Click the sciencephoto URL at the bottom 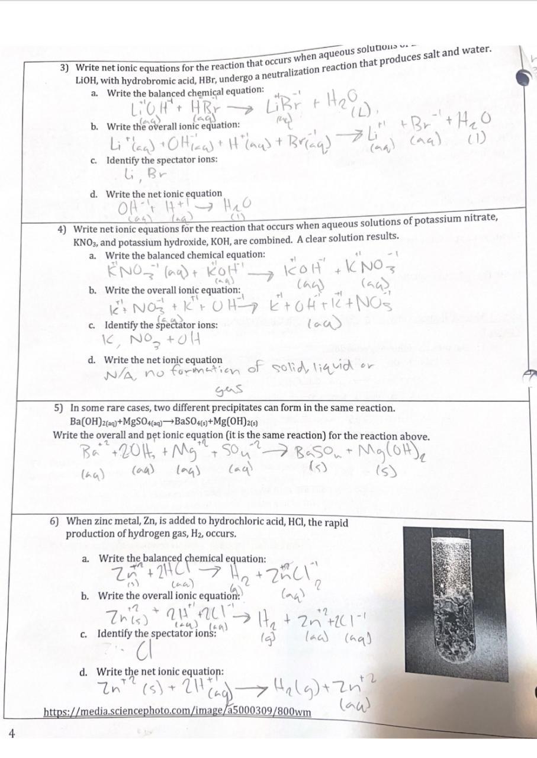(x=177, y=711)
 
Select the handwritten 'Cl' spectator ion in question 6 (x=139, y=652)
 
